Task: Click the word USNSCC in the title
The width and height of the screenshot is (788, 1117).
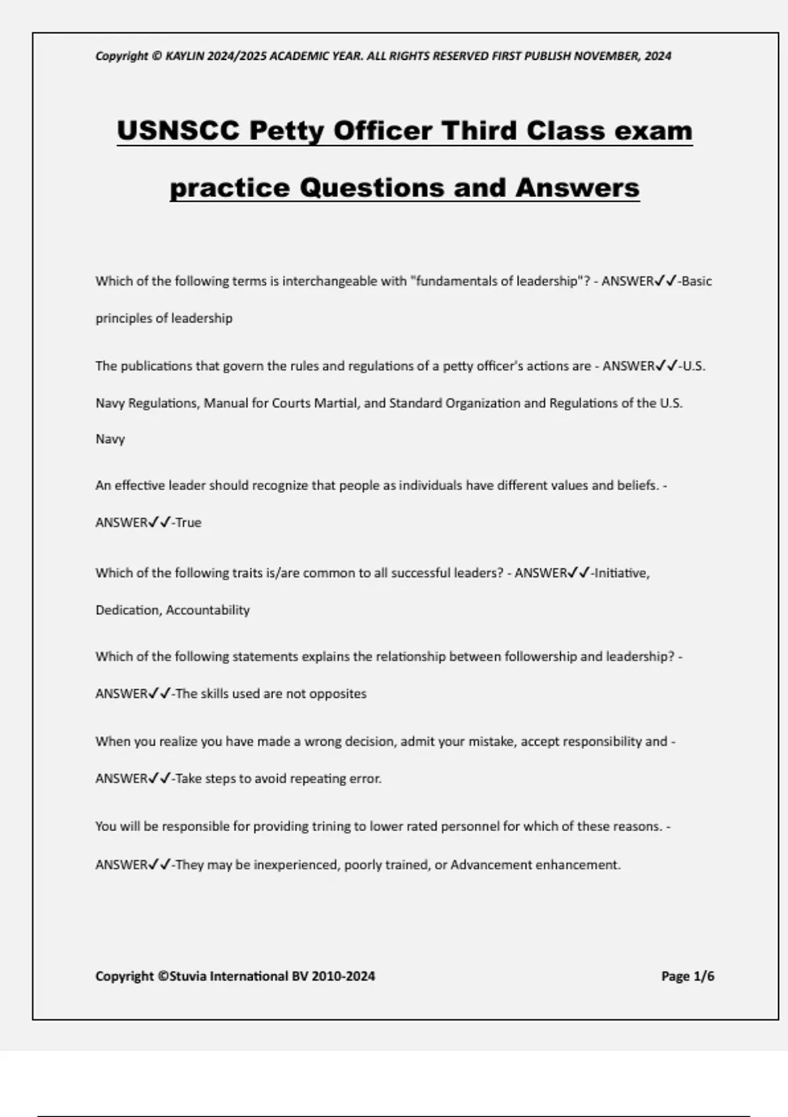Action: (x=178, y=130)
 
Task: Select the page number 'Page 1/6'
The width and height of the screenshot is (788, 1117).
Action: (x=688, y=976)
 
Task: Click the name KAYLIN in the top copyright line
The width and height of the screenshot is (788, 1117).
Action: (x=185, y=56)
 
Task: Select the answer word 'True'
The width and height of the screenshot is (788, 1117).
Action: (x=188, y=523)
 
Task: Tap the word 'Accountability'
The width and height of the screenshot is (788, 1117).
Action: (x=208, y=610)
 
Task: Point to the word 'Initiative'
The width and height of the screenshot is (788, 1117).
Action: (x=621, y=573)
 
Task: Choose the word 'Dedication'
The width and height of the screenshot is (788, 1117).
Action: (x=127, y=610)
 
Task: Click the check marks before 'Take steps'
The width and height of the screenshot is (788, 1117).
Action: (x=160, y=779)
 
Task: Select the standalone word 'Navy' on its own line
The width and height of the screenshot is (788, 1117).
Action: (x=110, y=439)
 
